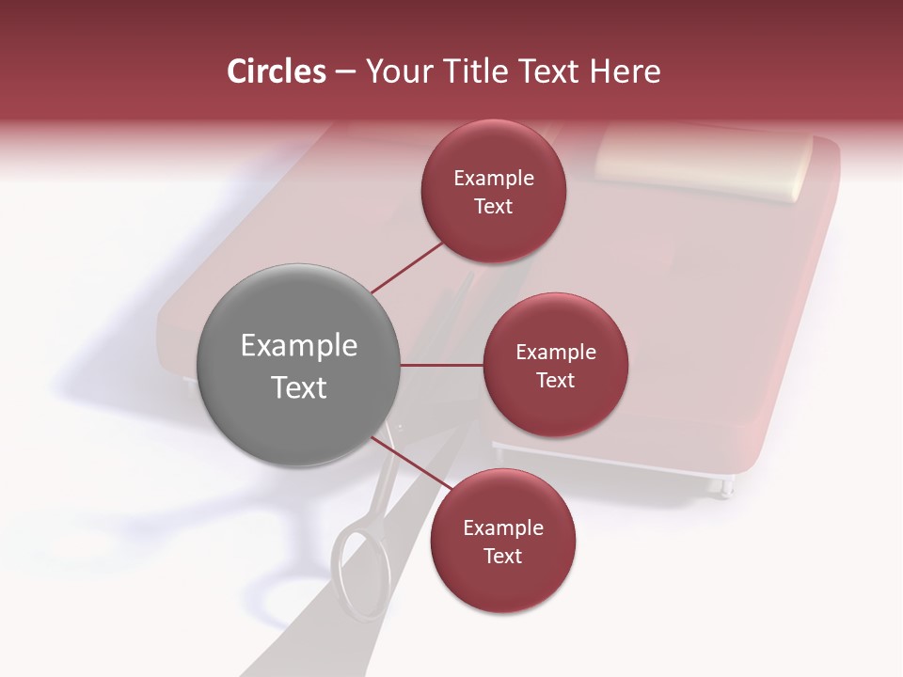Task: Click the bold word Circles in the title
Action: point(277,71)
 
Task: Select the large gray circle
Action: point(299,365)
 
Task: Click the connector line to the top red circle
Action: point(407,267)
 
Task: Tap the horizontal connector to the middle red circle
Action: point(442,365)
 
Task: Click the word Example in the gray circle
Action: point(299,346)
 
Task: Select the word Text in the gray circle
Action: point(299,387)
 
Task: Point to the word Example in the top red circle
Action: point(494,179)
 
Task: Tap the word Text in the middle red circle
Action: point(555,380)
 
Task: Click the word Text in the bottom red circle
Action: point(502,556)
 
